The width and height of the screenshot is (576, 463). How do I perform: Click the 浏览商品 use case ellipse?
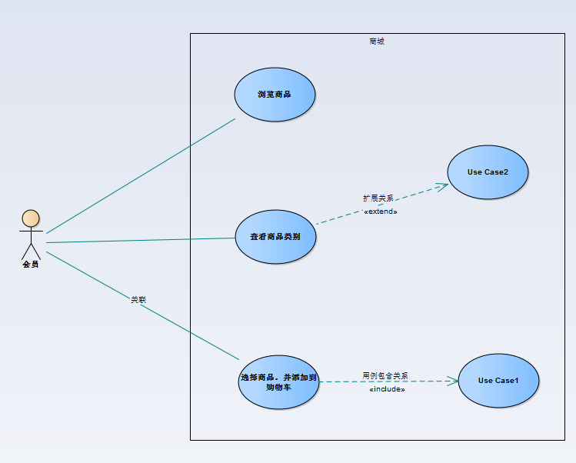275,95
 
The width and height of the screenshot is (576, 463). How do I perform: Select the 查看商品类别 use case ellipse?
275,237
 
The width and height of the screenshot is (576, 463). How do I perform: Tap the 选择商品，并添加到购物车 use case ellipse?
278,382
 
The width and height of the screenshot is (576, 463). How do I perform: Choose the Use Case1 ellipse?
498,380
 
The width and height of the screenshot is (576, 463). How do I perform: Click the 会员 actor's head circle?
30,218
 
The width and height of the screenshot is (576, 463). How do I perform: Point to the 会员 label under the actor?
30,265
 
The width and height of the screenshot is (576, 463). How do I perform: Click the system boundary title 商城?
377,42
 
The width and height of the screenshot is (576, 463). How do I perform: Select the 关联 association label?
138,299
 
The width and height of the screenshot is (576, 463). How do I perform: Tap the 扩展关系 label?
378,198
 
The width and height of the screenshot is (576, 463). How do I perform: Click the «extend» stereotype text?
381,211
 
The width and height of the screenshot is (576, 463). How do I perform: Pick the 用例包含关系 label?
385,376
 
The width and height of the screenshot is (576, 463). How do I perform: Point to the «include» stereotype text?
387,389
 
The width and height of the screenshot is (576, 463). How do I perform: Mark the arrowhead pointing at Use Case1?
453,381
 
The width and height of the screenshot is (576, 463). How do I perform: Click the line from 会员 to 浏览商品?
138,177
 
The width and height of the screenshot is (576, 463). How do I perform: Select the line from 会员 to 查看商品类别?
138,240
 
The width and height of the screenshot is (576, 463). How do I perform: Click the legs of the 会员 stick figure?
30,252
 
